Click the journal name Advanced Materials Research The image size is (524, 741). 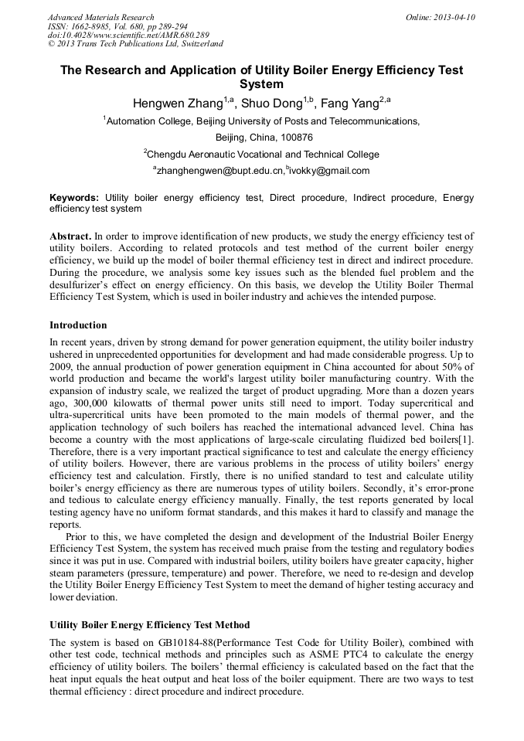tap(101, 17)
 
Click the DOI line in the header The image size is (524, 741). tap(128, 36)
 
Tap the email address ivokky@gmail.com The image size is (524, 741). tap(329, 171)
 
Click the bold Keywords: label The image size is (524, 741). tap(74, 198)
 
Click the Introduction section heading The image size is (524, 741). tap(78, 325)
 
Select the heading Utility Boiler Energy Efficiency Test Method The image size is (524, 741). tap(149, 624)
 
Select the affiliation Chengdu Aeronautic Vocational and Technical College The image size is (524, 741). tap(263, 154)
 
